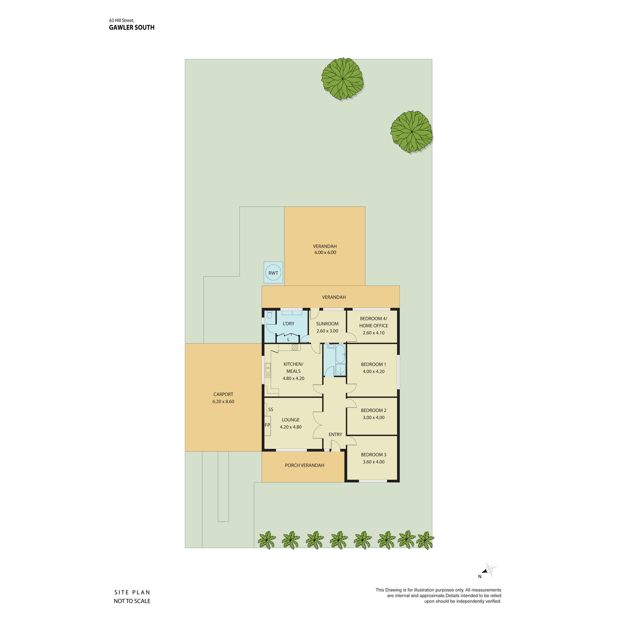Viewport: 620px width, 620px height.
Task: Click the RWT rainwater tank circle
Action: (273, 273)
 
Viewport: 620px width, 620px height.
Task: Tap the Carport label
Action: (223, 394)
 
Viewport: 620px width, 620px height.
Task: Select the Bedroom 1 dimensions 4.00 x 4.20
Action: (373, 371)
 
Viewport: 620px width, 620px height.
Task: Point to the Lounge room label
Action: (290, 420)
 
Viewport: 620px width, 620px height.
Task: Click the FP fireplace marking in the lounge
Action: (267, 425)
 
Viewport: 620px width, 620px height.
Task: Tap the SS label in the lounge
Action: (271, 410)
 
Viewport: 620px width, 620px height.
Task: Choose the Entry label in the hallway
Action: (335, 435)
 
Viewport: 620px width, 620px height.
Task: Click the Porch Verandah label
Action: (304, 465)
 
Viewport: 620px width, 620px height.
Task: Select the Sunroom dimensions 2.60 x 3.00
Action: (327, 331)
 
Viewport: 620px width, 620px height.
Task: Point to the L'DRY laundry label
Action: (288, 323)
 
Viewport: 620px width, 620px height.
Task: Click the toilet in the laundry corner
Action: (269, 314)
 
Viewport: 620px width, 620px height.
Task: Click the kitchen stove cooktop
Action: (295, 347)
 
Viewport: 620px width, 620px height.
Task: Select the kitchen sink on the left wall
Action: (268, 370)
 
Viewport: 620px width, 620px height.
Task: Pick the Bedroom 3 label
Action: (373, 455)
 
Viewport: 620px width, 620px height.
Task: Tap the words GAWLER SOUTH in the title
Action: (132, 28)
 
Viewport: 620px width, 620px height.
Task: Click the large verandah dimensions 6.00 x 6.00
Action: (325, 252)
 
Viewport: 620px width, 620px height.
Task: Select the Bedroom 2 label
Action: (373, 410)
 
